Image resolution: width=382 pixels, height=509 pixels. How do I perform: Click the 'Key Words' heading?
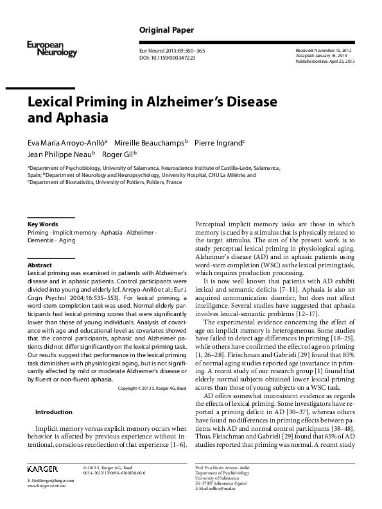[x=43, y=224]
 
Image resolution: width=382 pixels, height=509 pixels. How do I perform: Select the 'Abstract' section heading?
[x=40, y=265]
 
